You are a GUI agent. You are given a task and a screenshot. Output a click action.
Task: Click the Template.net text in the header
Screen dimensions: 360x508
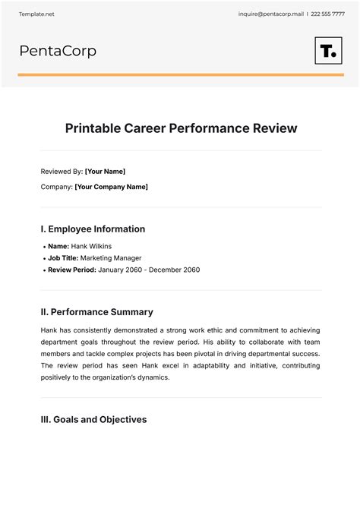36,14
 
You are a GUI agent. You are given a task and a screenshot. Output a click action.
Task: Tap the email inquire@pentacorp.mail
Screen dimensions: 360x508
270,14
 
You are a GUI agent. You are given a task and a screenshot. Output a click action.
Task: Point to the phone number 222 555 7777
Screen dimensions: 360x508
328,14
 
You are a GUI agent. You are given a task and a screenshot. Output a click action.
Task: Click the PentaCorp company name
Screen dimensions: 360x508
58,51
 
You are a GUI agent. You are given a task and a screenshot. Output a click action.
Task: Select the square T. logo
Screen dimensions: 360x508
328,51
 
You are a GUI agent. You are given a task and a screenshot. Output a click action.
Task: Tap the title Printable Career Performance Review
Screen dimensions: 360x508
180,128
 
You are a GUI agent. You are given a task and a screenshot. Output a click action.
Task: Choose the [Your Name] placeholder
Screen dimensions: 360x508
105,172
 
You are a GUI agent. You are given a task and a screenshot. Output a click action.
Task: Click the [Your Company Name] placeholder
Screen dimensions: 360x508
111,187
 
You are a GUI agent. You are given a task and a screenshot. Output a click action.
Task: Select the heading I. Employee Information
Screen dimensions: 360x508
93,229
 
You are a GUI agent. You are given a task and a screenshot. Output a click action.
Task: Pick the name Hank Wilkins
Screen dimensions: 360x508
92,246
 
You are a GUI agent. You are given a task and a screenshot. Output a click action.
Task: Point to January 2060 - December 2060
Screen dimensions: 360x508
149,270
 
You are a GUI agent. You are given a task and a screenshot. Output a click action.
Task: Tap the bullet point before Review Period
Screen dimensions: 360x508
44,270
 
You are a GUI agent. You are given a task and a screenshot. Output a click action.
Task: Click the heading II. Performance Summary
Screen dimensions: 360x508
96,312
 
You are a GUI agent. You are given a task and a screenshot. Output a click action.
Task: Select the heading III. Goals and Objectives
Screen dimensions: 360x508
93,419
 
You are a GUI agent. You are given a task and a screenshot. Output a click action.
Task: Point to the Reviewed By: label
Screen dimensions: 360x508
62,172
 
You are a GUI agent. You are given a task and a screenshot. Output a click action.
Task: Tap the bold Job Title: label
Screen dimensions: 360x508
66,258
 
